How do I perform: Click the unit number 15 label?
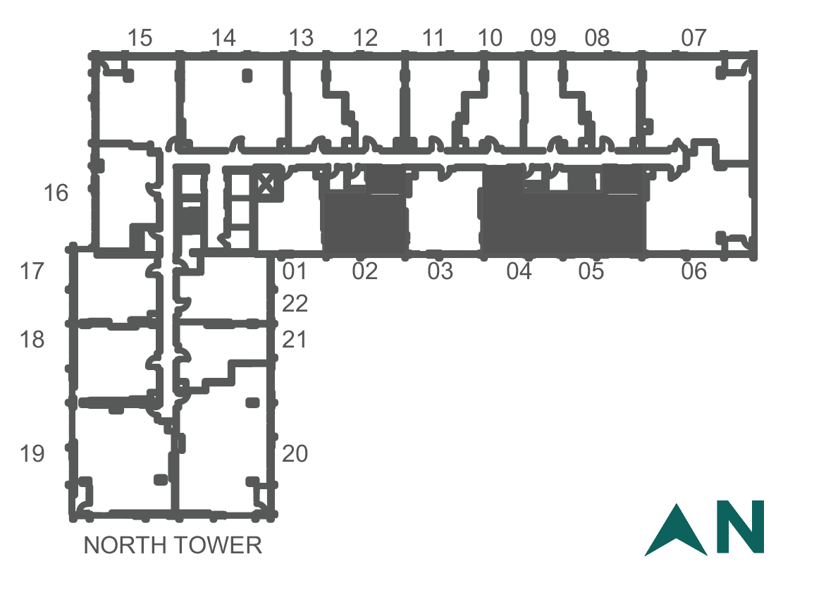140,38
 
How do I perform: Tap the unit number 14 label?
223,38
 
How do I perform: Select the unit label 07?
694,38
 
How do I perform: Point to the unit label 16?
56,192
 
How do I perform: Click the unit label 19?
32,453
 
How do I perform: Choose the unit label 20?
295,453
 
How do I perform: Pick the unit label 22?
295,304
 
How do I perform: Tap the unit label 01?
295,271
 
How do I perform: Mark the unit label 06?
694,271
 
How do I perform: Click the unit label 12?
365,38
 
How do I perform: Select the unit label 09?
543,38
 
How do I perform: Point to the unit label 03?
440,271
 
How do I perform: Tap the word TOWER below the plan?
218,545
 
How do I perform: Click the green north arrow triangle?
677,531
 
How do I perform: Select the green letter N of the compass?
741,527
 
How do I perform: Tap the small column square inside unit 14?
247,76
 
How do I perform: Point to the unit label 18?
32,340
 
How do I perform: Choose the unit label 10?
490,38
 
